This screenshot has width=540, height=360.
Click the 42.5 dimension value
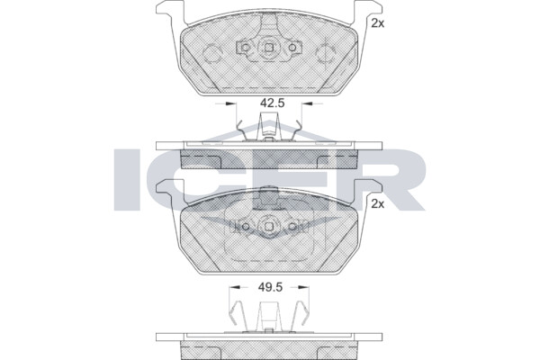[x=272, y=103]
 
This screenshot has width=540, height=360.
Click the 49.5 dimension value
[x=270, y=287]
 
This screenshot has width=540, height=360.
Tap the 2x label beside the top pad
[x=377, y=23]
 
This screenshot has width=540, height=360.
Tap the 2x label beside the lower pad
[x=377, y=204]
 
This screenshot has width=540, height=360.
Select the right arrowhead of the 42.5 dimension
[x=307, y=103]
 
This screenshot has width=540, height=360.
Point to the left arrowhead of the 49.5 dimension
[x=235, y=287]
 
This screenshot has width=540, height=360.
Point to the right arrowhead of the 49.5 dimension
[x=304, y=287]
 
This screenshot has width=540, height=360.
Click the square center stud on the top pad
[x=269, y=48]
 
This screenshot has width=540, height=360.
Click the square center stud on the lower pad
[x=269, y=226]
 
